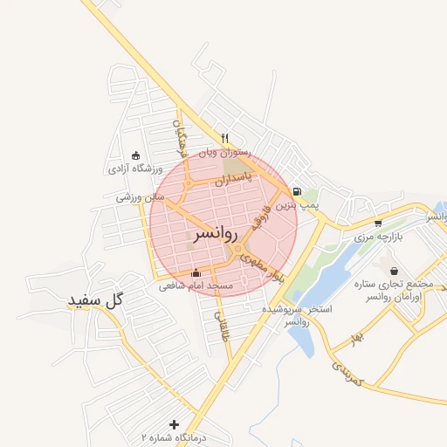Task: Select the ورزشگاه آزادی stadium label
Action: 132,168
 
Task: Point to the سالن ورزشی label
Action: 141,198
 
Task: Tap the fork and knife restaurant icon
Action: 224,138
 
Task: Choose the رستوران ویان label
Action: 224,153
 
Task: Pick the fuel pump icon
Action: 298,192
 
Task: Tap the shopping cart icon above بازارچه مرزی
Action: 377,223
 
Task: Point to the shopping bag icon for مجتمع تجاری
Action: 395,271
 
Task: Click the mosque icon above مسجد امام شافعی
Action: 196,272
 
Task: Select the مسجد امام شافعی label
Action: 196,285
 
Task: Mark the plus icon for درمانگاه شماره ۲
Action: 174,423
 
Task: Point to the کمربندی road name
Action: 347,373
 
